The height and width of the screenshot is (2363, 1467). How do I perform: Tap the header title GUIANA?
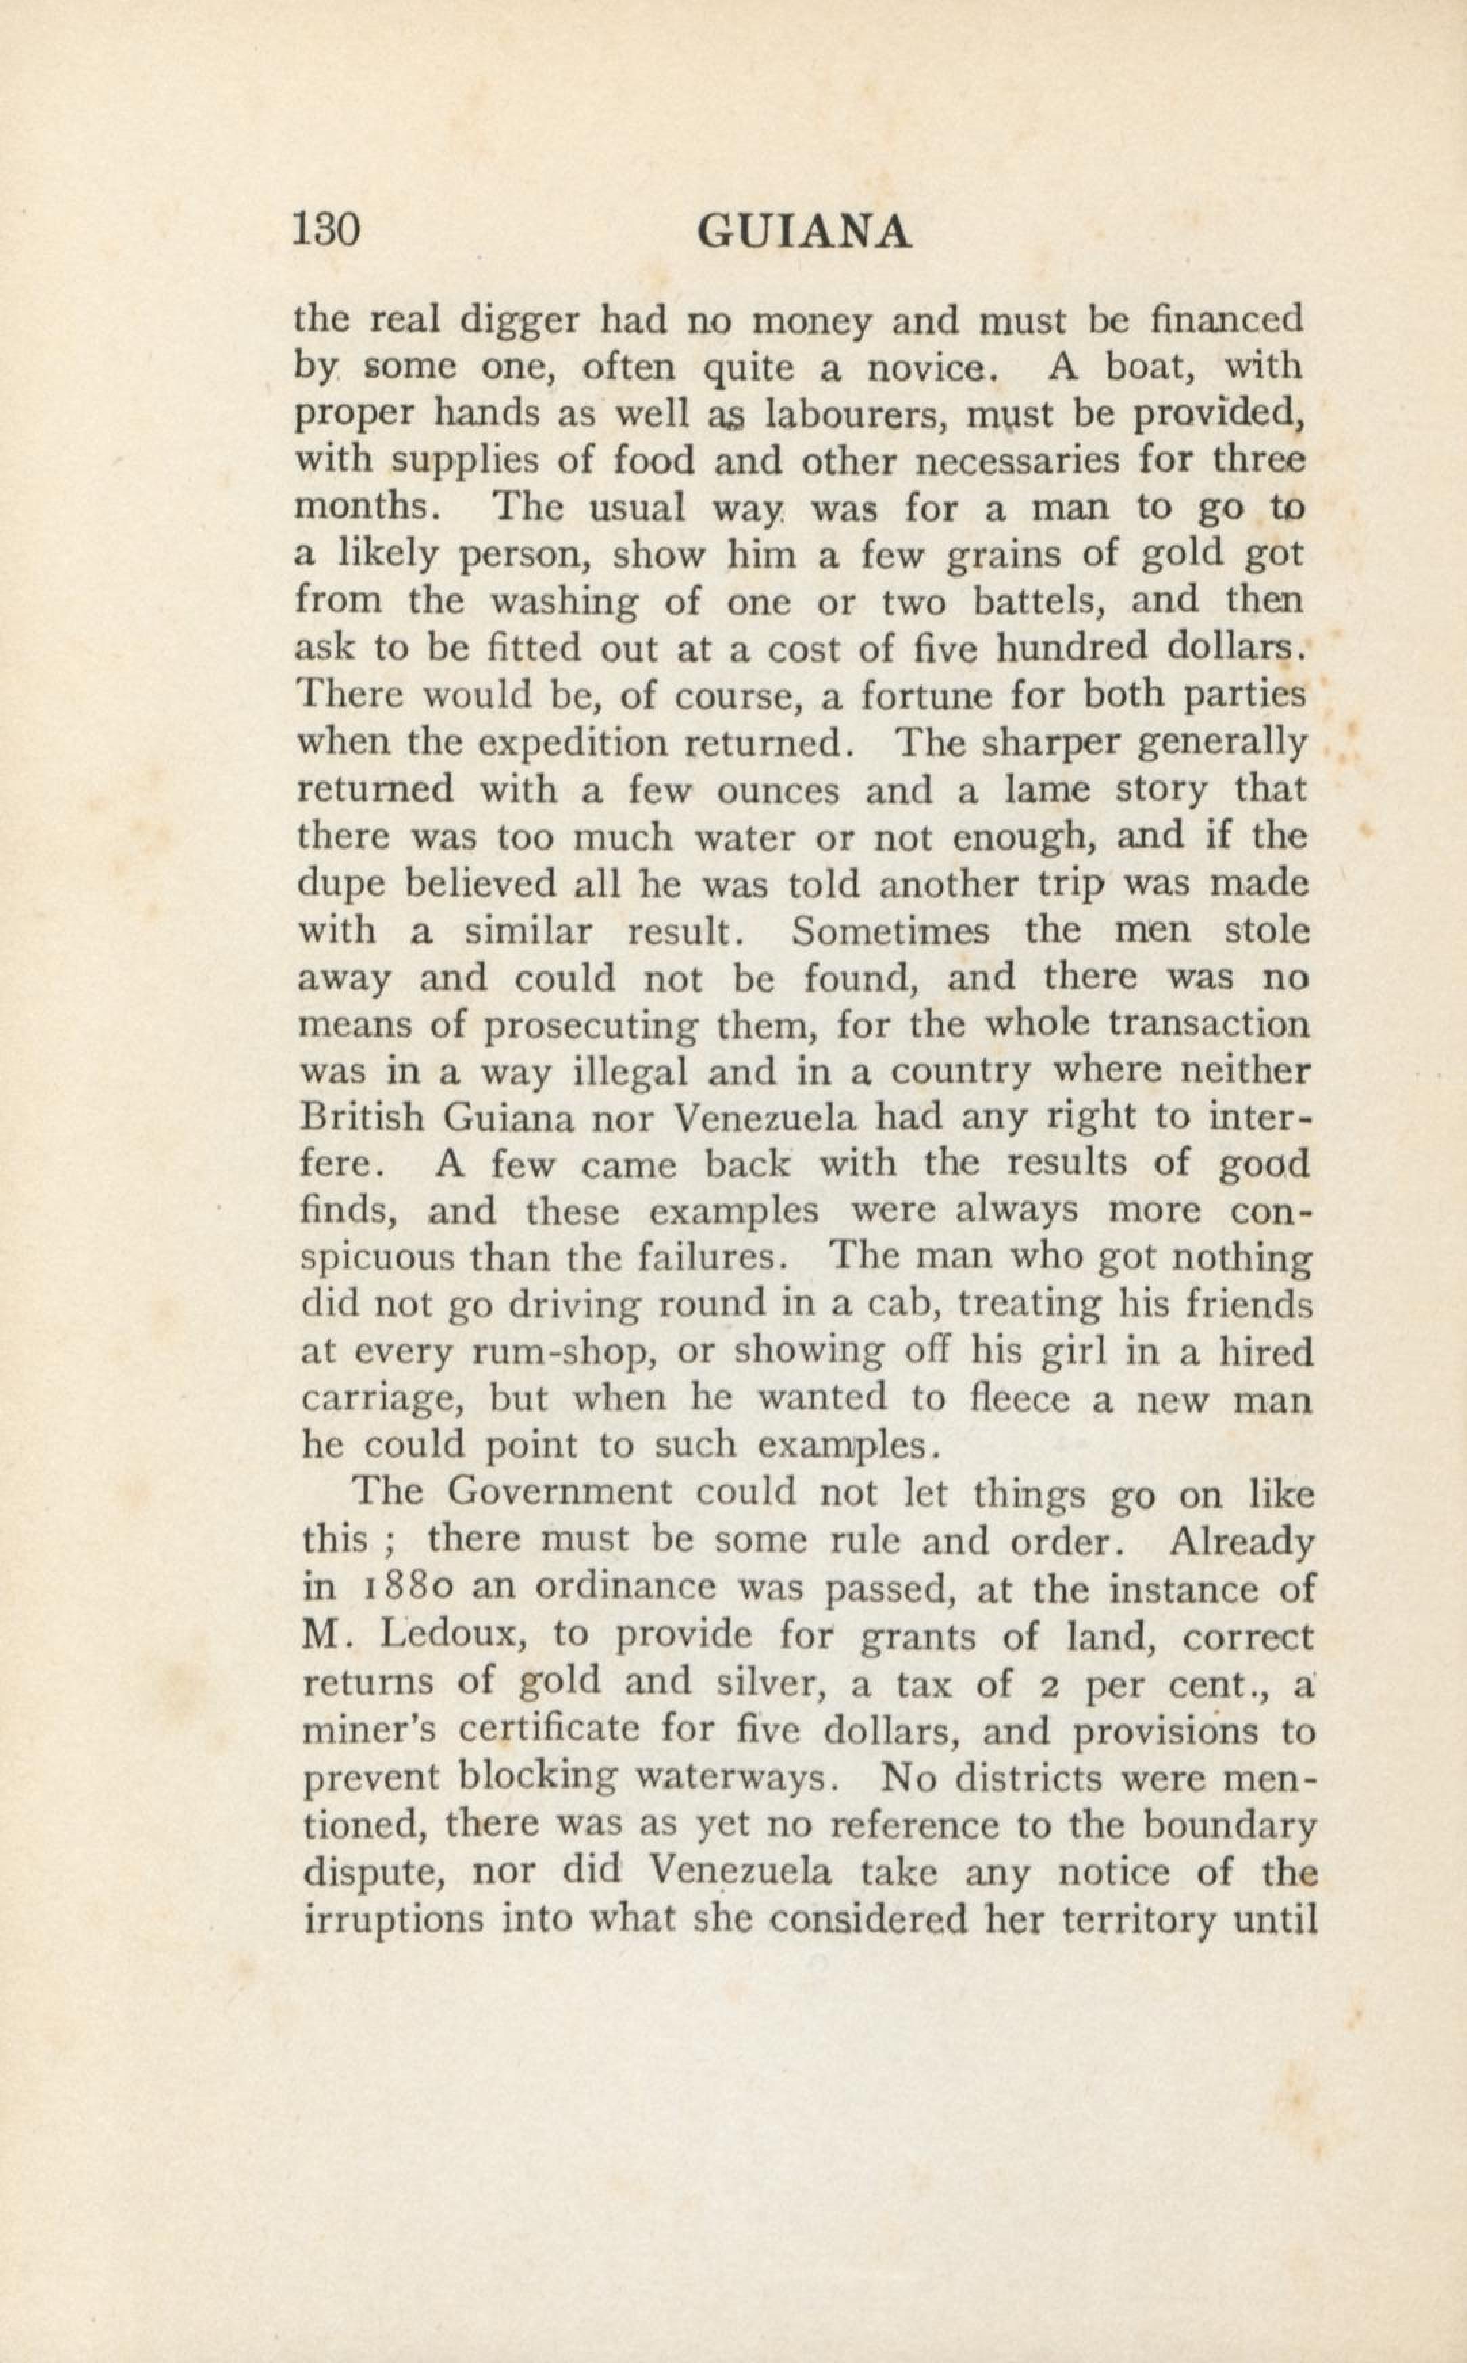pos(805,233)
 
